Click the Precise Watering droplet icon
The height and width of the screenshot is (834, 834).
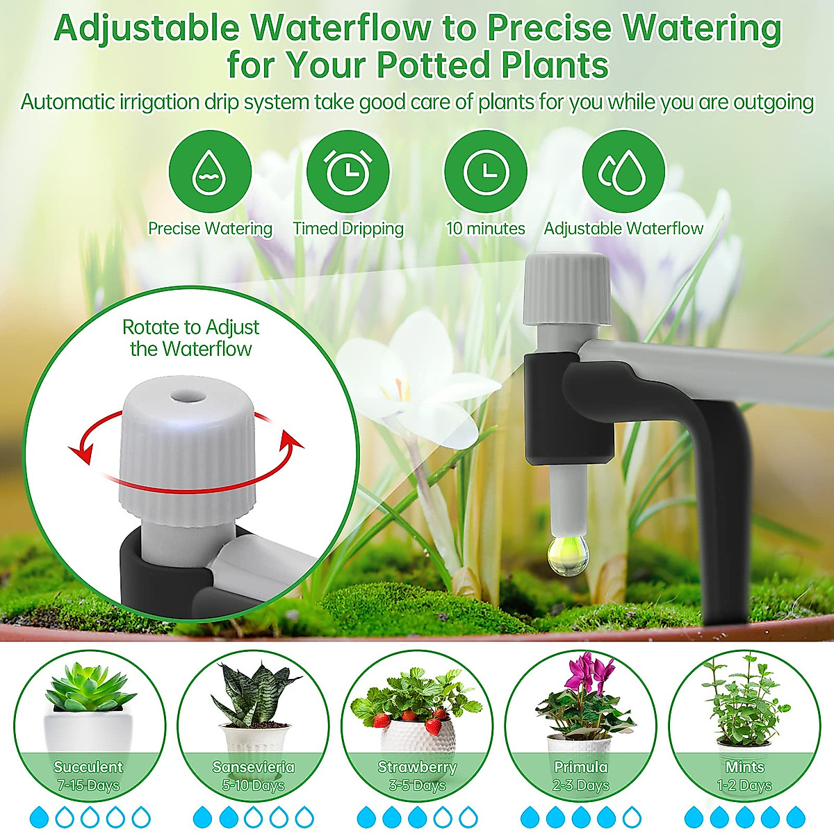pos(210,171)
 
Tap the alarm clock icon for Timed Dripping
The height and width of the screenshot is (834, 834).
pos(347,171)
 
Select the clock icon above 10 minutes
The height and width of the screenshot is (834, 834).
pos(485,171)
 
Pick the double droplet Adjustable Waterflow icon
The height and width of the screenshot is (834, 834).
pos(623,171)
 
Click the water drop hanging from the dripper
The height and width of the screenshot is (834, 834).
pos(568,555)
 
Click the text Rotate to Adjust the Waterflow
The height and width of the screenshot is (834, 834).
pos(190,338)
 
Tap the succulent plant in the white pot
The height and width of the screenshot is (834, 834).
pos(89,688)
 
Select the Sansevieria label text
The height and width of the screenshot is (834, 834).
pos(254,767)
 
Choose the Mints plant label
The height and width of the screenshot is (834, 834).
pos(744,767)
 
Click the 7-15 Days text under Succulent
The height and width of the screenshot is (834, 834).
pos(88,786)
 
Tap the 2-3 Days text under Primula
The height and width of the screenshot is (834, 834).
pos(581,786)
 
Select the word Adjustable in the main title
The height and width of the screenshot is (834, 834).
pos(147,28)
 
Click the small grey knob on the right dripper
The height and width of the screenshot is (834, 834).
pos(567,288)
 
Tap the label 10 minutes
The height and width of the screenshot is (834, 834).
pos(485,229)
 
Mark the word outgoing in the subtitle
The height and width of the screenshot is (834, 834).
pos(772,102)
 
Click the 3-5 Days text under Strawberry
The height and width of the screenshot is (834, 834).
pos(417,786)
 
